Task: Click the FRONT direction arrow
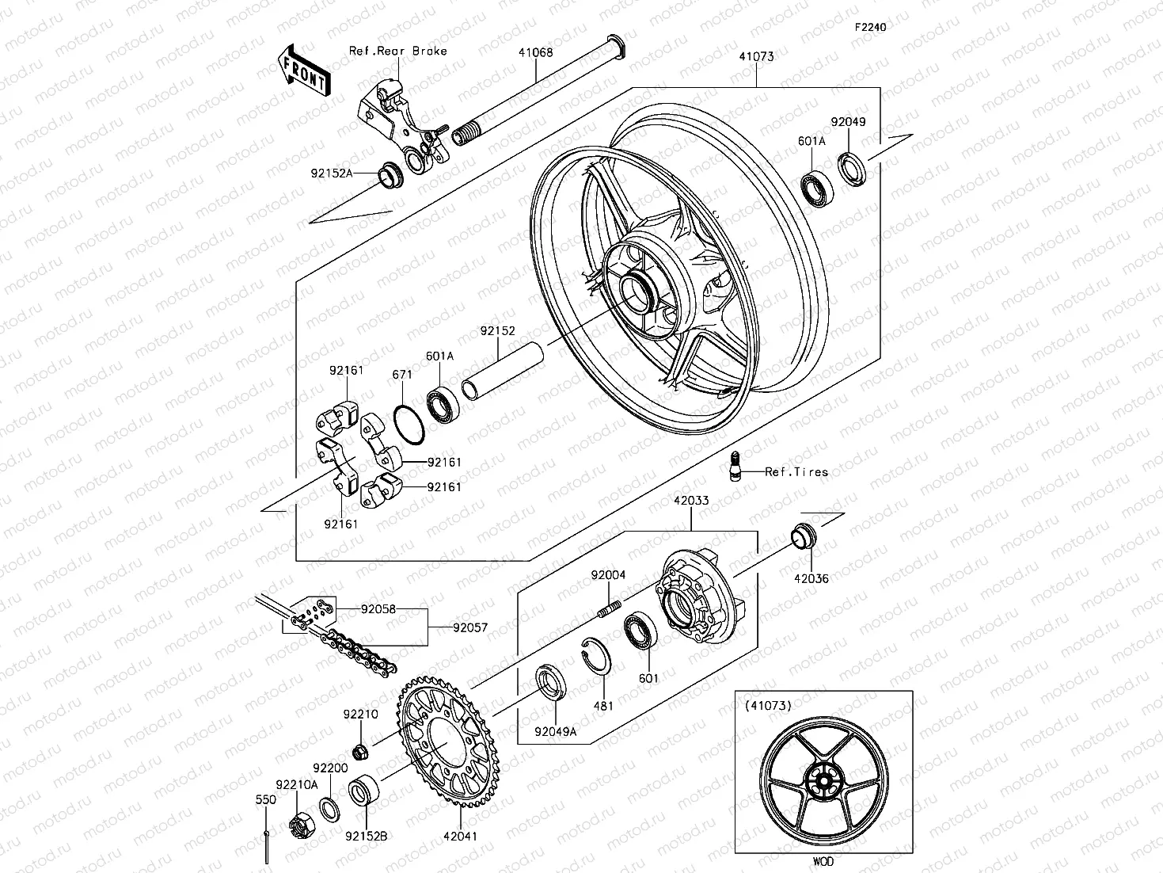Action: (x=304, y=71)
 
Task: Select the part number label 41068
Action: (x=536, y=53)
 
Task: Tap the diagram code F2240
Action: (x=869, y=27)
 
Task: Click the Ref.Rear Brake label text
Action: (x=398, y=51)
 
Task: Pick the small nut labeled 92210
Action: (x=358, y=749)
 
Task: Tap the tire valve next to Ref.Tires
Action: (x=735, y=466)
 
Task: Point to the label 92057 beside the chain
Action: (x=470, y=627)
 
